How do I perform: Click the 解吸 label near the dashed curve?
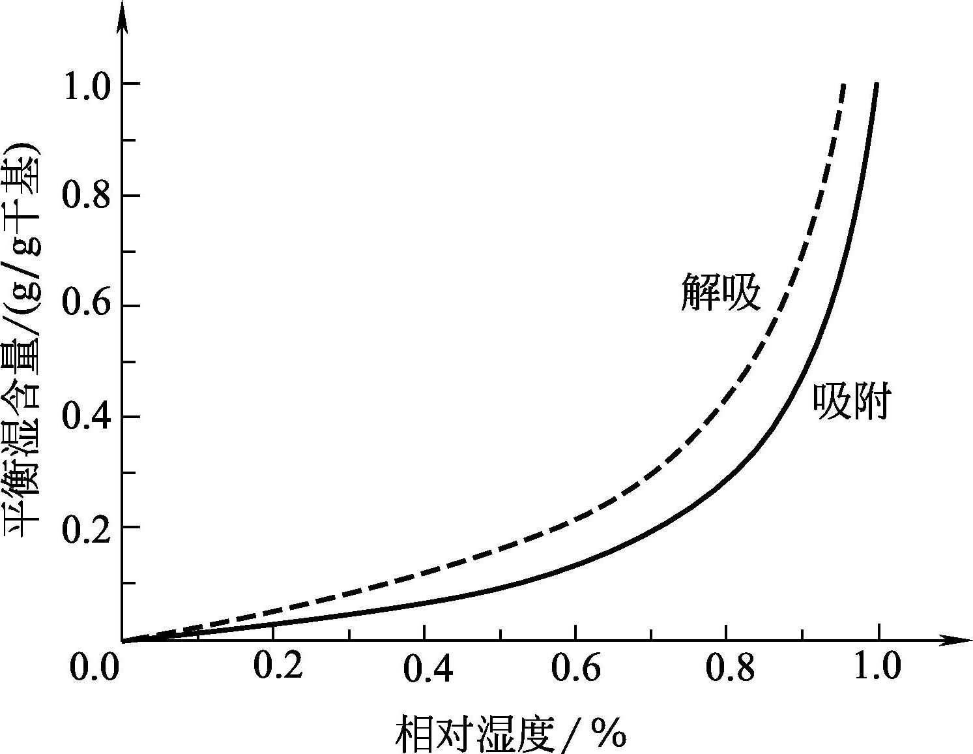click(x=721, y=291)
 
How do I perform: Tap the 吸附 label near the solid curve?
click(x=852, y=401)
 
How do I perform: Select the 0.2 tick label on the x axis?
click(x=278, y=666)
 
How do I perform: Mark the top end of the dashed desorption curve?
click(x=844, y=85)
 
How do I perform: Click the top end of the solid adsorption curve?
click(x=877, y=85)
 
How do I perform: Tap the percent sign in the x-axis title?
click(x=609, y=734)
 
